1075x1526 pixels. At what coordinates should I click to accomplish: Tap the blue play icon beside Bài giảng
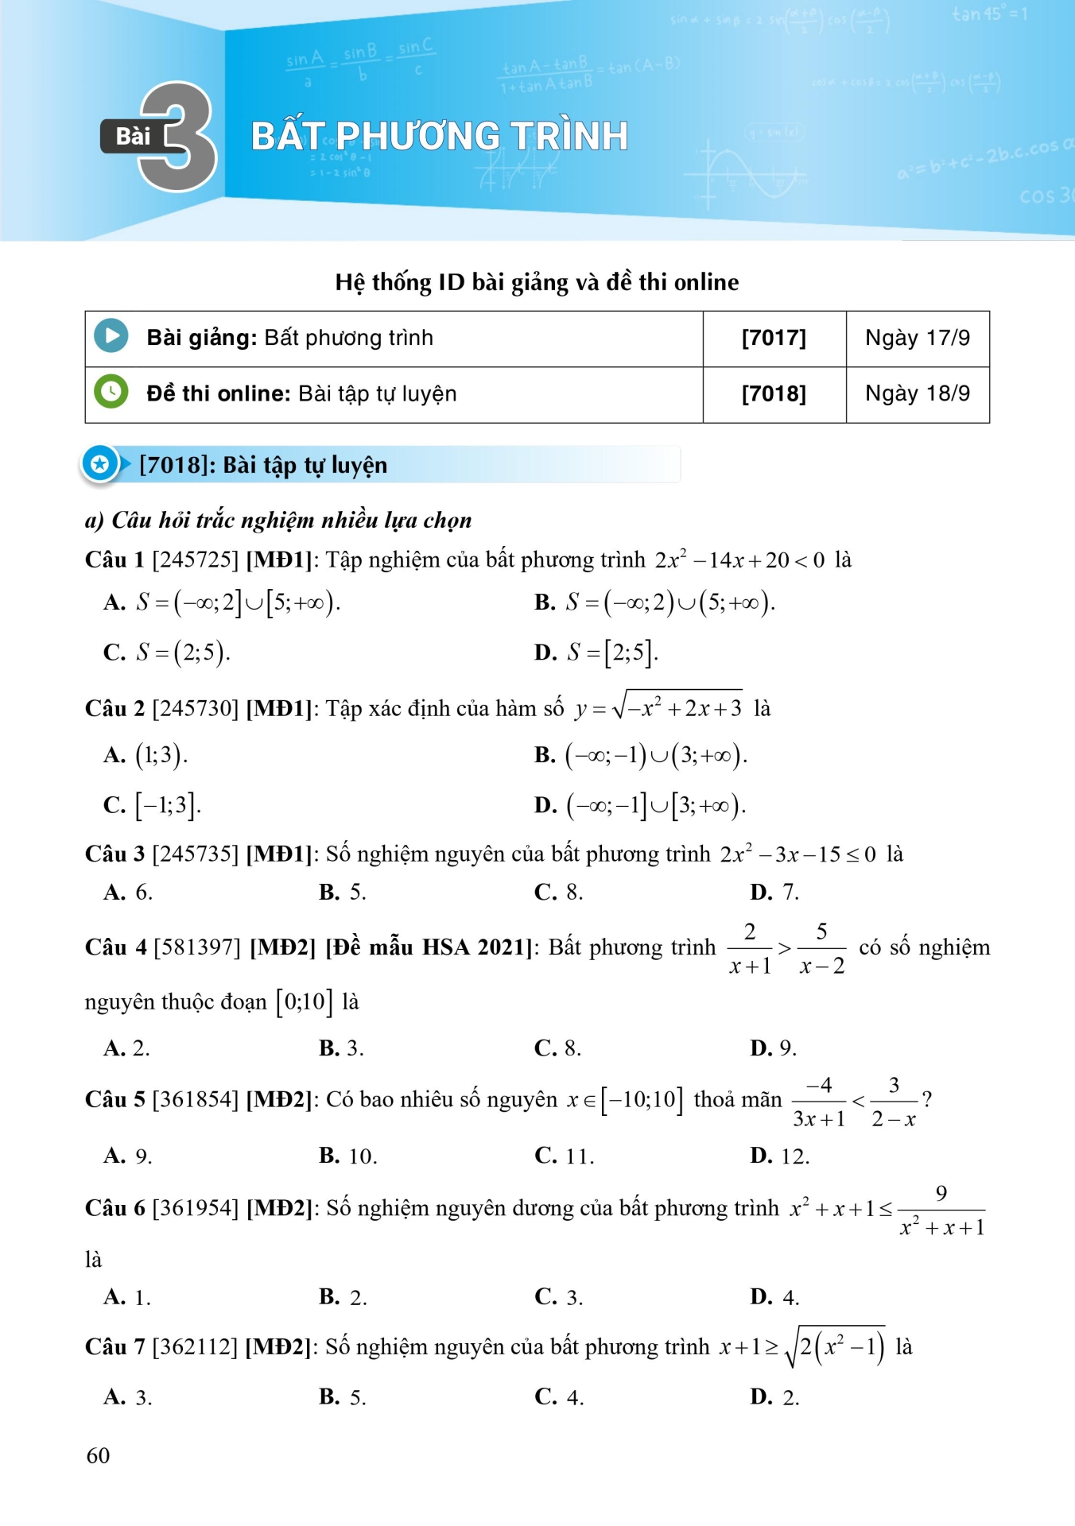(x=111, y=336)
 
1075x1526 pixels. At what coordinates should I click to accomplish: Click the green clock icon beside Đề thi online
(x=111, y=392)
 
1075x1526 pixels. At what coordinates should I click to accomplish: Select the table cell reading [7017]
(x=774, y=339)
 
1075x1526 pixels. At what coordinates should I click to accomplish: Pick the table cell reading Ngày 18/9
(x=918, y=394)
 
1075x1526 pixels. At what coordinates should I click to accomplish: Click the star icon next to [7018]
(x=99, y=464)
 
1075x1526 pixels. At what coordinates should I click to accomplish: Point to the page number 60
(x=98, y=1455)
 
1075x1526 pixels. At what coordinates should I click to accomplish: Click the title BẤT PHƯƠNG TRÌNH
(x=440, y=136)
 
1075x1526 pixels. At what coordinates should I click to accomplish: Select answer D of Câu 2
(x=640, y=805)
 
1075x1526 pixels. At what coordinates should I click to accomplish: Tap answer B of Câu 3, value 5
(x=343, y=893)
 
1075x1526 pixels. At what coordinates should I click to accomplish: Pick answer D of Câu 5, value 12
(x=780, y=1156)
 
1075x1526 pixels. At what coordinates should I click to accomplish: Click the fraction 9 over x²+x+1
(x=941, y=1210)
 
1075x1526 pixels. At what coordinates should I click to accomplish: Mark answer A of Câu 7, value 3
(x=128, y=1397)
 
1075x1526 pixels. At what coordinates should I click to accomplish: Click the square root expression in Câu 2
(x=677, y=706)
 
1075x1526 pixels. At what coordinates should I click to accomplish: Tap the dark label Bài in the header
(x=133, y=137)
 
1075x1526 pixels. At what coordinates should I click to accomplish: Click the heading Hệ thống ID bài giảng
(x=537, y=282)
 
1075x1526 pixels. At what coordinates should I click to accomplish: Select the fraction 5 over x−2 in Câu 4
(x=822, y=948)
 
